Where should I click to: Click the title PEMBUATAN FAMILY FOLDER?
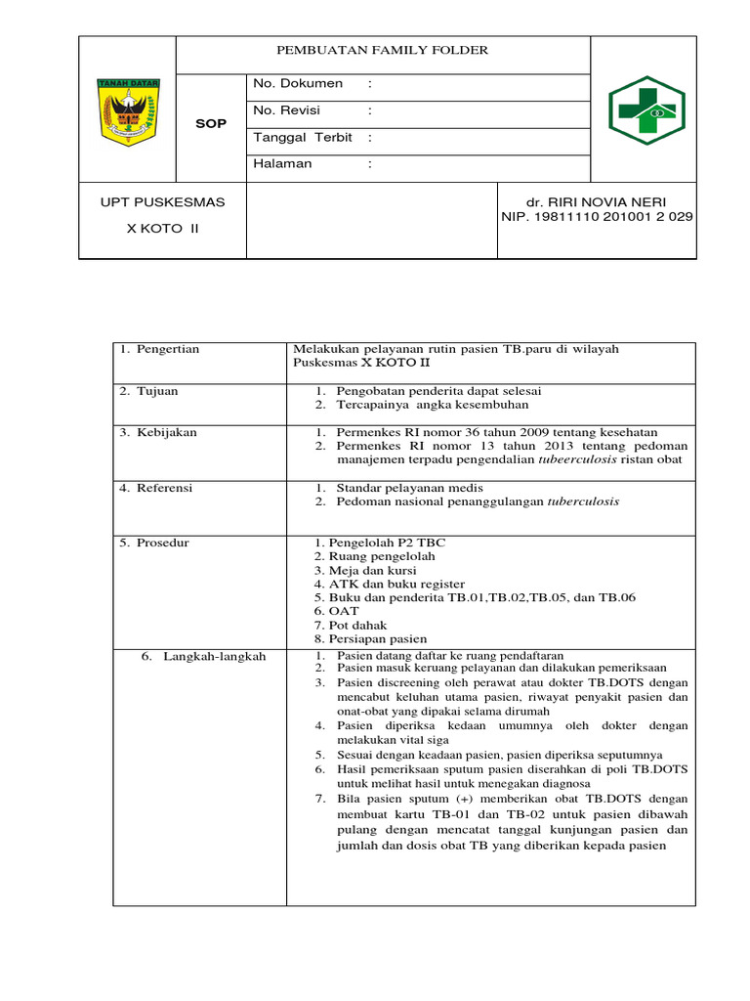click(x=383, y=50)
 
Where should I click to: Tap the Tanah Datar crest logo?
click(x=127, y=110)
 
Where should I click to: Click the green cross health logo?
click(x=646, y=110)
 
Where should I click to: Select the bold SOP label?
click(x=211, y=124)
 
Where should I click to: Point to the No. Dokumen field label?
click(x=298, y=84)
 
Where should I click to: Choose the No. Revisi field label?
click(x=286, y=110)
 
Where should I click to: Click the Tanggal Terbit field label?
click(x=302, y=137)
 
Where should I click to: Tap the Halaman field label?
click(x=282, y=163)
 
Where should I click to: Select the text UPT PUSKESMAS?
click(x=163, y=202)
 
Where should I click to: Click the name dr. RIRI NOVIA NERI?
click(x=596, y=202)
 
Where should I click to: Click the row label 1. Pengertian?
click(x=159, y=349)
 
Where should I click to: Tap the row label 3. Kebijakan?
click(x=156, y=432)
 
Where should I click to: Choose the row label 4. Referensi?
click(x=156, y=487)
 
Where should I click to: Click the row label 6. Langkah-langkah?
click(x=203, y=656)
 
